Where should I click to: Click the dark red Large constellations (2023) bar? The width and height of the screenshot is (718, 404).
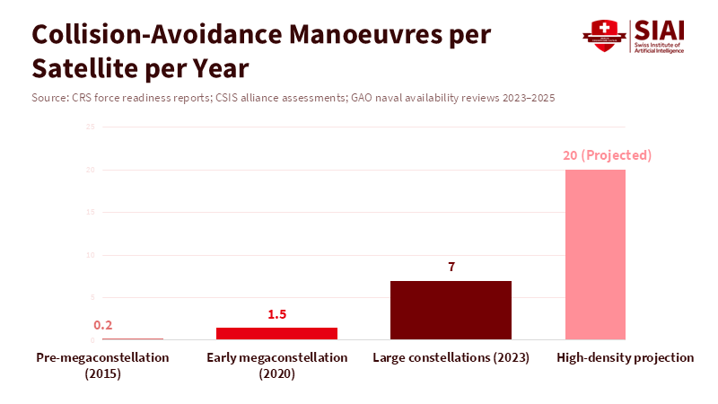click(451, 310)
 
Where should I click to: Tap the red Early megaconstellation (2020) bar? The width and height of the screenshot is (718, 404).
click(276, 333)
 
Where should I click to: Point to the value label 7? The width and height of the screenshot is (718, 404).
click(451, 268)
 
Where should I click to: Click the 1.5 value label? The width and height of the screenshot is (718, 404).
click(276, 314)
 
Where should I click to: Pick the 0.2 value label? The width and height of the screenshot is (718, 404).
click(102, 326)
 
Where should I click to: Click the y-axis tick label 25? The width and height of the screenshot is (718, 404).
click(91, 127)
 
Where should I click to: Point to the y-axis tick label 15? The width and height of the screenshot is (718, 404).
click(91, 212)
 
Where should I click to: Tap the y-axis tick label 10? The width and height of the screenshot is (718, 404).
click(91, 255)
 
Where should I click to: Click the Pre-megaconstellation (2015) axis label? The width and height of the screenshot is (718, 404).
click(102, 365)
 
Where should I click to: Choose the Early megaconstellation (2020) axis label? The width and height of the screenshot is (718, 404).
click(276, 365)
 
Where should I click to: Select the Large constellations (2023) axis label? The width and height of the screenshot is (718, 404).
click(451, 357)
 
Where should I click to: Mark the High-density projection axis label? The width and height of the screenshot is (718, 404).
click(625, 357)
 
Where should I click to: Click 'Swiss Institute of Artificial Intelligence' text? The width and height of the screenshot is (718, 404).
click(660, 48)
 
